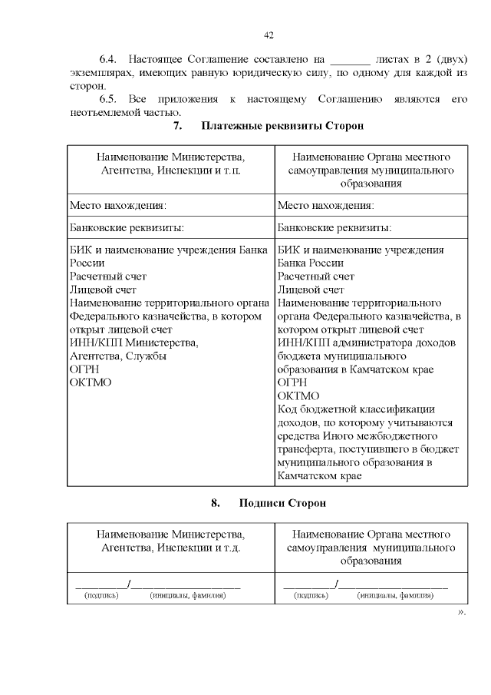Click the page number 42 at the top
click(x=269, y=35)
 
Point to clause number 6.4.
click(x=109, y=59)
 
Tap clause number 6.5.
click(x=109, y=99)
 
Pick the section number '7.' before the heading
click(x=179, y=126)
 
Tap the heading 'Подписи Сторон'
click(x=282, y=504)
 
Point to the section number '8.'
click(x=216, y=504)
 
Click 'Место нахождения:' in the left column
click(x=118, y=206)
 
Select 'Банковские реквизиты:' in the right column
click(x=334, y=228)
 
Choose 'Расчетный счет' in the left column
click(x=108, y=276)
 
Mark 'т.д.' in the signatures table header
click(x=229, y=548)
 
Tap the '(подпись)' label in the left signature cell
click(x=101, y=595)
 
